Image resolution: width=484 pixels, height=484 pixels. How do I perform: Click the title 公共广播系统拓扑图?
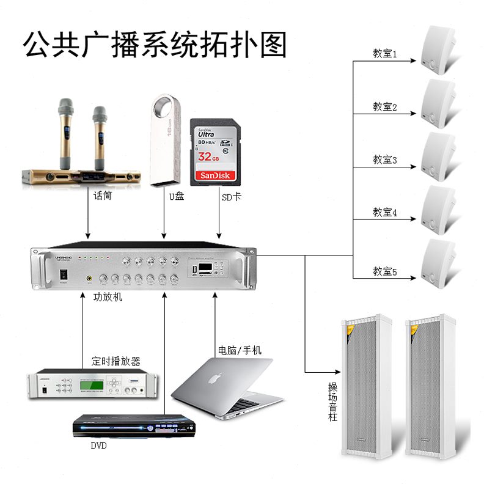(x=155, y=44)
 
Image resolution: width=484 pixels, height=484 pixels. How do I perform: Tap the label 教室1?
(x=385, y=54)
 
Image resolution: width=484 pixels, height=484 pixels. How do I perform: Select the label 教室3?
(x=385, y=160)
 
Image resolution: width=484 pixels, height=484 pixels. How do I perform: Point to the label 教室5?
(x=385, y=271)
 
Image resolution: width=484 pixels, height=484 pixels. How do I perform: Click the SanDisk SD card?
(x=213, y=152)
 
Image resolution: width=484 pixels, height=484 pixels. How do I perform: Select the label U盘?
(x=177, y=197)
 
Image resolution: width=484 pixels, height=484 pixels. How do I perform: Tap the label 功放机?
(x=108, y=298)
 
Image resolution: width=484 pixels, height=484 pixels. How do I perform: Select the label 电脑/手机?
(x=240, y=350)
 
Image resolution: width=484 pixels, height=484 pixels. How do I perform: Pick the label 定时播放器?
(x=116, y=361)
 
